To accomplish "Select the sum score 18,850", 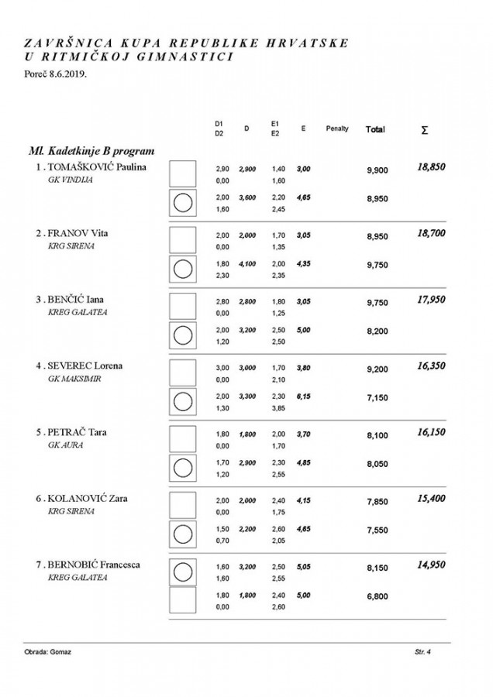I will [431, 167].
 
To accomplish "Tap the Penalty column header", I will [337, 129].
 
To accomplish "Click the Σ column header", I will [424, 130].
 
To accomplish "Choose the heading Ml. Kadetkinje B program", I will [87, 150].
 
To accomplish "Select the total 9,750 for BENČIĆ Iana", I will [377, 304].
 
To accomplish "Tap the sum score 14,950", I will [431, 565].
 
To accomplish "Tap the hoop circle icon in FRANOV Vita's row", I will [182, 269].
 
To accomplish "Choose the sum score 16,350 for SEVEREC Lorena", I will [431, 365].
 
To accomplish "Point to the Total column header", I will [375, 129].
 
